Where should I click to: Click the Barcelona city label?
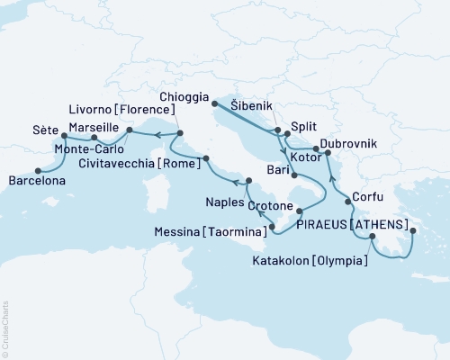(x=40, y=182)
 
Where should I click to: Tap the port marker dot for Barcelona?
(x=37, y=170)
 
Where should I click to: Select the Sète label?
(x=45, y=129)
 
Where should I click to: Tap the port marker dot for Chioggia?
(x=214, y=103)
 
